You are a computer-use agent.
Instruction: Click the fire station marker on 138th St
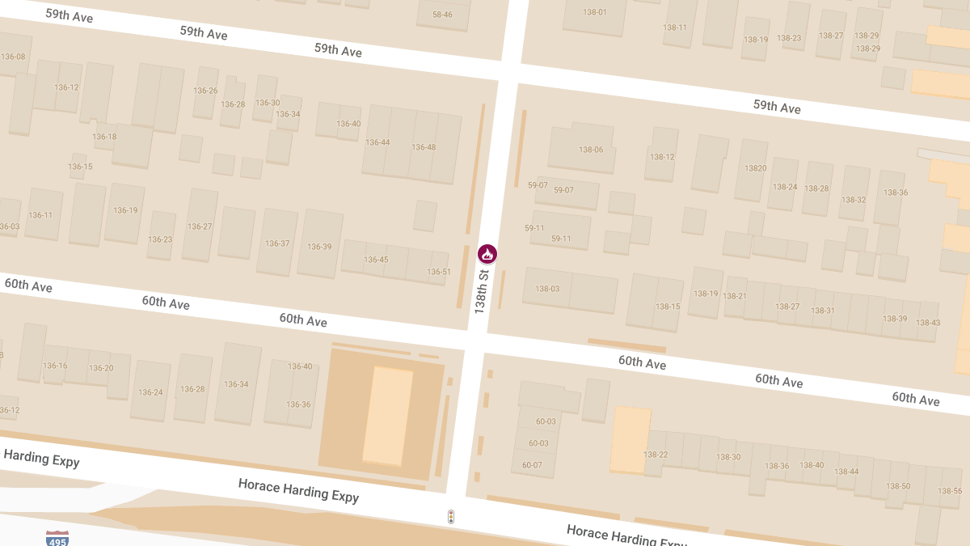coord(487,254)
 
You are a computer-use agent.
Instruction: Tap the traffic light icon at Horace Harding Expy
coord(451,516)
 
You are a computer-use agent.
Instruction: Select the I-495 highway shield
coord(57,538)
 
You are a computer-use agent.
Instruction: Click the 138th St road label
coord(482,292)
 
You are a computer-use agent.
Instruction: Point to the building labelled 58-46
coord(442,15)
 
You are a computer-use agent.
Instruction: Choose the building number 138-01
coord(595,11)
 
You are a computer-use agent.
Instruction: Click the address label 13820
coord(755,168)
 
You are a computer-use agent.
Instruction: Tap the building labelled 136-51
coord(439,272)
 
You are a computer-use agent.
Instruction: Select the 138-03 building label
coord(546,289)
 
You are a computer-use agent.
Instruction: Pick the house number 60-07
coord(532,465)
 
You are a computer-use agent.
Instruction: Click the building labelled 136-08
coord(14,57)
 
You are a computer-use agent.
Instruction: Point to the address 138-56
coord(950,492)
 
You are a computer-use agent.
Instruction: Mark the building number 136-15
coord(80,167)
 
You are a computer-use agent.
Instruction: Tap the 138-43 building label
coord(929,323)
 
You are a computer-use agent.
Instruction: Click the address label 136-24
coord(150,392)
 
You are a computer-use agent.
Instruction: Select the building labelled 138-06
coord(591,150)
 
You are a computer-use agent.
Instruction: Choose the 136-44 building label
coord(377,142)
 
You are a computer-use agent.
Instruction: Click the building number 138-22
coord(656,455)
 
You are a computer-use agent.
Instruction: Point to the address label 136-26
coord(206,91)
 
